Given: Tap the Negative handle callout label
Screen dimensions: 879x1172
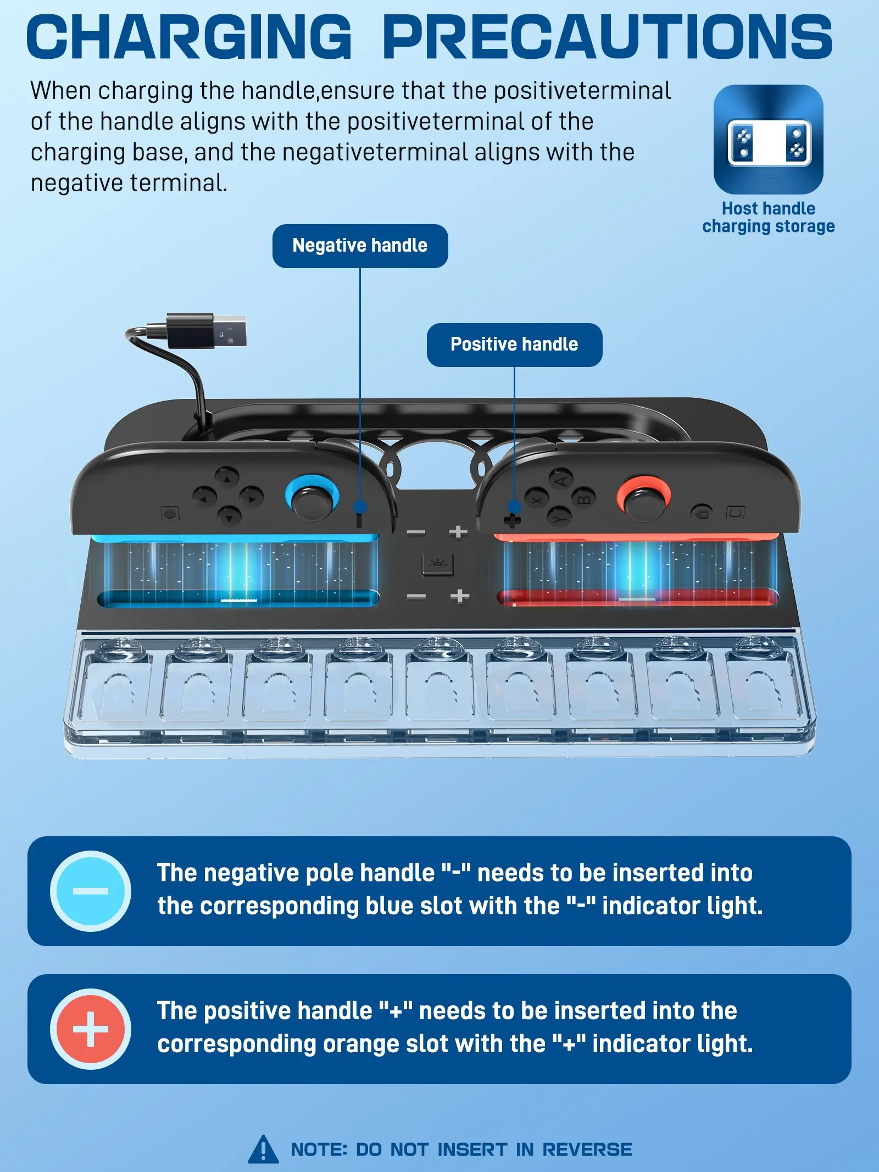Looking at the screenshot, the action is pos(360,246).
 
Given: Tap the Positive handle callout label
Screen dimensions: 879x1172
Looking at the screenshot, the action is pos(514,345).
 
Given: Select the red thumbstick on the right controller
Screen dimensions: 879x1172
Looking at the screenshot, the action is pos(644,498).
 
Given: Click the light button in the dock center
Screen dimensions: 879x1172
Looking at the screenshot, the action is pos(438,564).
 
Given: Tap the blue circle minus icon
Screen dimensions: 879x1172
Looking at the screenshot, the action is pos(91,891).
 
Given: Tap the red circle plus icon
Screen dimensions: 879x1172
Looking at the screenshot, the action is pos(91,1029).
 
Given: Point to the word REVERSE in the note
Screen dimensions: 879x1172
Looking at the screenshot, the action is pos(587,1149).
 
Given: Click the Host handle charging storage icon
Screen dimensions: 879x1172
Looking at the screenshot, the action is pos(769,139).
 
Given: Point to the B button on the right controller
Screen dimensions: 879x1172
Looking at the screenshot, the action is pos(584,498).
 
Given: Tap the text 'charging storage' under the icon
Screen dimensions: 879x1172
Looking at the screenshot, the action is pos(769,226).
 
